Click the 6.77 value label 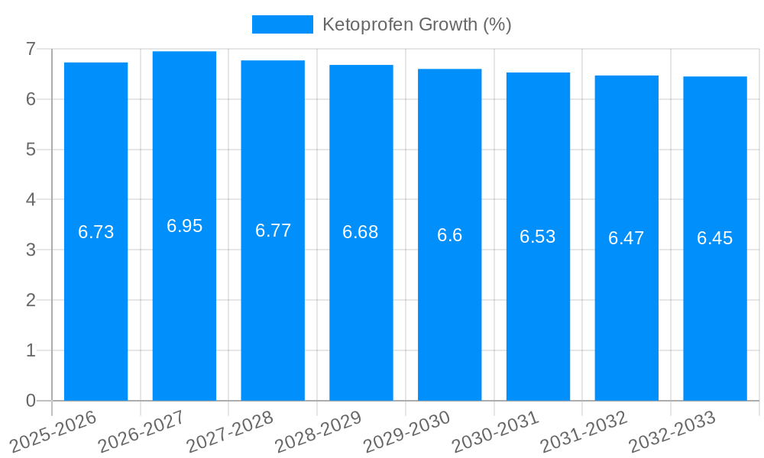(x=273, y=231)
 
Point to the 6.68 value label (x=361, y=232)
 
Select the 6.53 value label (x=538, y=237)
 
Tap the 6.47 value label (x=626, y=238)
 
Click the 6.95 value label (x=184, y=226)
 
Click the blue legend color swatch (x=283, y=24)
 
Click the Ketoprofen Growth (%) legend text (x=416, y=24)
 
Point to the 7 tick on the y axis (x=31, y=49)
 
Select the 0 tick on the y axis (x=31, y=401)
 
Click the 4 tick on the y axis (x=31, y=200)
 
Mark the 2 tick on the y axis (x=31, y=300)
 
